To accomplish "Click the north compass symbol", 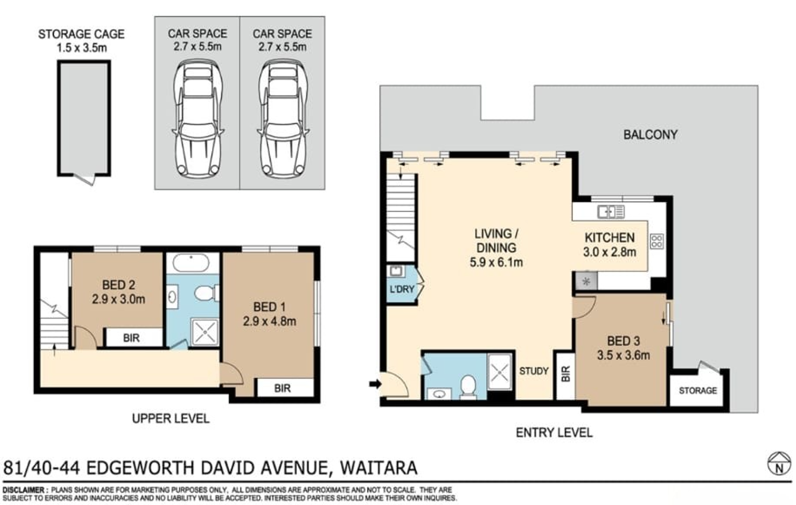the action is (779, 464).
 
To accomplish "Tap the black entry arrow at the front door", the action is (375, 384).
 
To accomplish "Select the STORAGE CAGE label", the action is (81, 34).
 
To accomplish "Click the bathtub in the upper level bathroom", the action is (191, 263).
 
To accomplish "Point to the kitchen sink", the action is (611, 212).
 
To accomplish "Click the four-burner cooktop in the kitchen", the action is (657, 241).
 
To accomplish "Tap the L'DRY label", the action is (402, 289).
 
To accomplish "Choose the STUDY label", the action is (534, 371).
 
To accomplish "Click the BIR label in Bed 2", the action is (131, 337).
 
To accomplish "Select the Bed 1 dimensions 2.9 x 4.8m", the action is (269, 321).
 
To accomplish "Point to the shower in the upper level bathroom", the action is (204, 332).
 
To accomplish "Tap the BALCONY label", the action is (650, 135).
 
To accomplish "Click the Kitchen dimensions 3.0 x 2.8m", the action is (609, 252).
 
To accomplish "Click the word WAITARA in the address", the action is (379, 468).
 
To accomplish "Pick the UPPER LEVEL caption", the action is (171, 418).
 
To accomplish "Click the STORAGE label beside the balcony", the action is (697, 391).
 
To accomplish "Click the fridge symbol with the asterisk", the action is (586, 282).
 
